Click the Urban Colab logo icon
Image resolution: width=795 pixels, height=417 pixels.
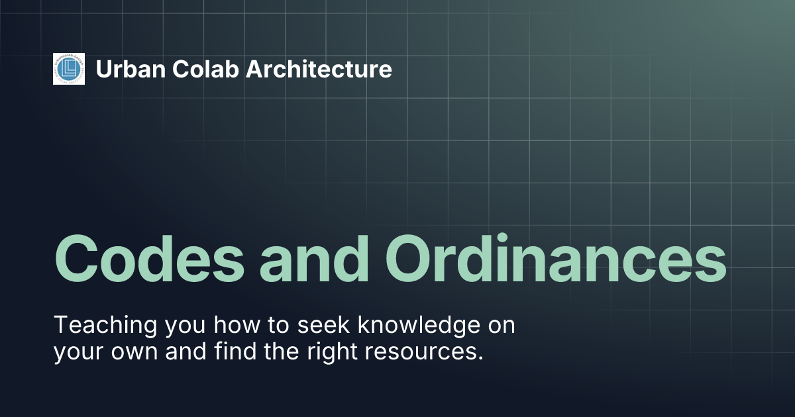[x=69, y=69]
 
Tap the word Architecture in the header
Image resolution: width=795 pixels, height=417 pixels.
[x=319, y=69]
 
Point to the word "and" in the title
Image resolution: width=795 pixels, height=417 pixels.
[x=314, y=257]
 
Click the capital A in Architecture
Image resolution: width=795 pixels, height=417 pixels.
[x=254, y=69]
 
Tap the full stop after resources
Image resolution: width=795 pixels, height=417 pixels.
[x=479, y=358]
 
